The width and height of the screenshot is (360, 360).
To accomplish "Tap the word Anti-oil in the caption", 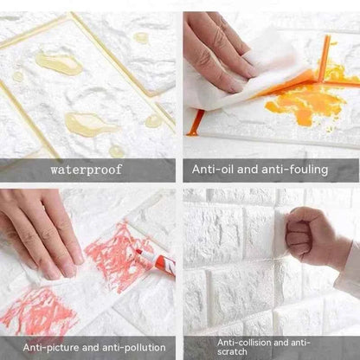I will click(213, 170).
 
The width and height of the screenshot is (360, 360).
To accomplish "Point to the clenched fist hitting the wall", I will click(308, 234).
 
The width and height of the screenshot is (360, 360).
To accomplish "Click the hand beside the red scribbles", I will click(39, 225).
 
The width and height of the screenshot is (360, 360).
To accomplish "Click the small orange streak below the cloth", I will click(196, 121).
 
